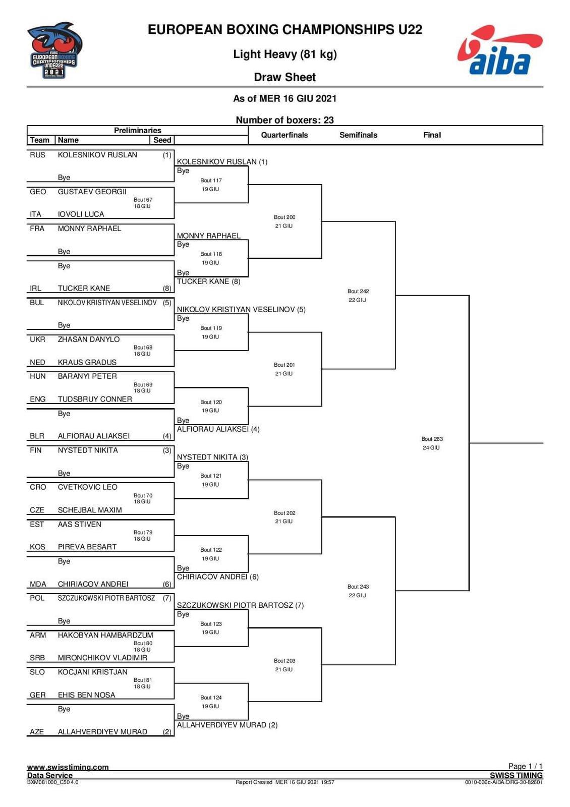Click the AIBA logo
(499, 51)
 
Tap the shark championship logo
(54, 50)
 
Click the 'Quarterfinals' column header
(284, 135)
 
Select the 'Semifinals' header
(358, 135)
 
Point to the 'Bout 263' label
(432, 439)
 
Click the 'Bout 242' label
(358, 292)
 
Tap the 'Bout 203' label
(284, 661)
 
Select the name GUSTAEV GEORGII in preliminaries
(92, 192)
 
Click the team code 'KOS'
(37, 547)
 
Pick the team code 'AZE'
(37, 732)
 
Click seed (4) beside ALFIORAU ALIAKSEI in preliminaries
(167, 436)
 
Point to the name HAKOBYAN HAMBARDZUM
(105, 636)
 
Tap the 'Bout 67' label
(143, 200)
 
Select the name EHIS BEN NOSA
(86, 695)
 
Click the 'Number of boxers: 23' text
(284, 120)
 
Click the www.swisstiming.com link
(68, 767)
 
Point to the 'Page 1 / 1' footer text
(525, 766)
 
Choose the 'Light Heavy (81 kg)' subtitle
(284, 54)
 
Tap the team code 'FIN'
(36, 450)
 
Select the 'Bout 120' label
(211, 402)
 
